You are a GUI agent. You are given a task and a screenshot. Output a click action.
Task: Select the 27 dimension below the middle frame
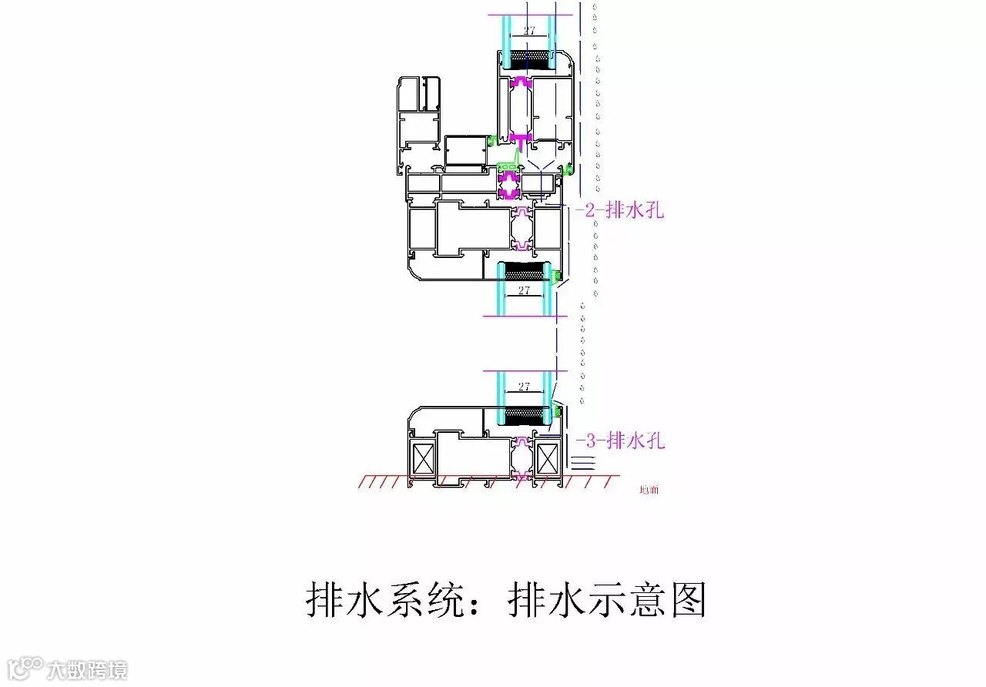pyautogui.click(x=525, y=290)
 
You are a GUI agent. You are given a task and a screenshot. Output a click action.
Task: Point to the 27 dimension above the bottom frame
pyautogui.click(x=525, y=387)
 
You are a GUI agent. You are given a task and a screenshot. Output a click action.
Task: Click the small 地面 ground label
pyautogui.click(x=649, y=489)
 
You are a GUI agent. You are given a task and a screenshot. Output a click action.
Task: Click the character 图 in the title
pyautogui.click(x=688, y=599)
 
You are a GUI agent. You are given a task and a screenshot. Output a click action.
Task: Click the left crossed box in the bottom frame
pyautogui.click(x=424, y=460)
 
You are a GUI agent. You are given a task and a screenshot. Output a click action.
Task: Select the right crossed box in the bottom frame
pyautogui.click(x=548, y=460)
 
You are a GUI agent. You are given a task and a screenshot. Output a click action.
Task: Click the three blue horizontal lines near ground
pyautogui.click(x=583, y=462)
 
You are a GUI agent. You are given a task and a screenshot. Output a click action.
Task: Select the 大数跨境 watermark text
pyautogui.click(x=87, y=670)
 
